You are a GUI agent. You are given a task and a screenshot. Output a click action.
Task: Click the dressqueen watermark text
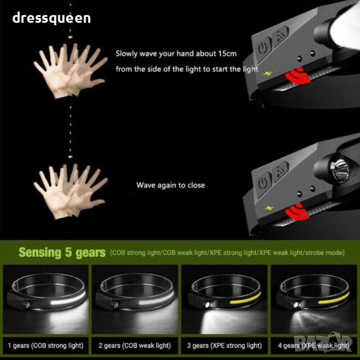[52, 18]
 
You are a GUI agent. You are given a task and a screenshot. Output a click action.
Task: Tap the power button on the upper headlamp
[263, 49]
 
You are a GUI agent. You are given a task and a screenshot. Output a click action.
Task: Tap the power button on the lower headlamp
[263, 184]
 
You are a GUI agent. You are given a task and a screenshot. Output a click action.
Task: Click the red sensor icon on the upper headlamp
[297, 76]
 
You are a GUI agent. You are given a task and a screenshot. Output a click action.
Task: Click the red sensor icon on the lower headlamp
[297, 212]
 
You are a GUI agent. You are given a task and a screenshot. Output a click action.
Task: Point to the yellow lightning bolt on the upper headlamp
[268, 73]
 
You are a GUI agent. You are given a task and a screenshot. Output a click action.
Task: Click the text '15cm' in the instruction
[227, 54]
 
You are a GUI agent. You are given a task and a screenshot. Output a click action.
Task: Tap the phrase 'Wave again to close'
[170, 185]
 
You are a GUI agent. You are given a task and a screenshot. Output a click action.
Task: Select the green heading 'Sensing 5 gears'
[62, 253]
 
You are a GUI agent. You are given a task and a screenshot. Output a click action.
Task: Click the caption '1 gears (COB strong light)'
[46, 346]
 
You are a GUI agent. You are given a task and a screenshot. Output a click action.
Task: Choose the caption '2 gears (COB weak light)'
[135, 346]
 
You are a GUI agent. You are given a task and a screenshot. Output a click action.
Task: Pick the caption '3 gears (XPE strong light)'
[224, 346]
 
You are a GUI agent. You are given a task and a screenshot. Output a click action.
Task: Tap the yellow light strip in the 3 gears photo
[245, 299]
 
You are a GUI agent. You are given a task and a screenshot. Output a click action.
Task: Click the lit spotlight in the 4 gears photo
[296, 305]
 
